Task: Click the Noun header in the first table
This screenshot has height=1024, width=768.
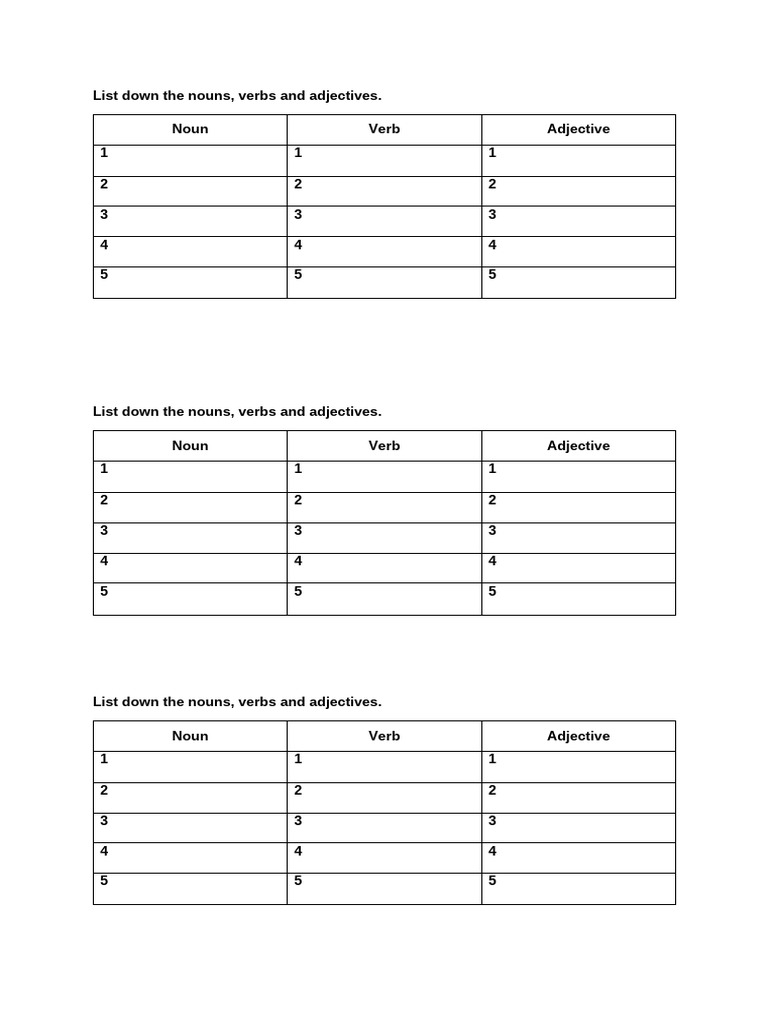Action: click(190, 129)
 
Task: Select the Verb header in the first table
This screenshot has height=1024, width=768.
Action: click(384, 129)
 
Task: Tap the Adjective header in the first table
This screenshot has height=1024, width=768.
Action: click(578, 129)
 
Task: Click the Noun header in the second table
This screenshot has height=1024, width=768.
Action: click(190, 446)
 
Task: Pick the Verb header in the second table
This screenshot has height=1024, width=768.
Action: click(384, 446)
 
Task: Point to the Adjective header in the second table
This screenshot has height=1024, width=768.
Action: click(578, 446)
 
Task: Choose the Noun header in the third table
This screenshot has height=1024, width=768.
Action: click(190, 736)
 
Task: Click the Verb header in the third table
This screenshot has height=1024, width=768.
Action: click(384, 736)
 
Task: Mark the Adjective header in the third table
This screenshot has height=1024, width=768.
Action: click(578, 736)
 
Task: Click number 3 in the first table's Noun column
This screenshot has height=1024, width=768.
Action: click(104, 215)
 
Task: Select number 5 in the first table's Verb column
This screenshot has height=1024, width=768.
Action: click(298, 275)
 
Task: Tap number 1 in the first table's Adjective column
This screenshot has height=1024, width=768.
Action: click(492, 153)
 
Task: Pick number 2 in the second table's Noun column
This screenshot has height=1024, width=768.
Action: click(104, 500)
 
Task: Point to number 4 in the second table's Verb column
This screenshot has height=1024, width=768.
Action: click(298, 561)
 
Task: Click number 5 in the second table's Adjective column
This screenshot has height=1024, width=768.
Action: click(492, 591)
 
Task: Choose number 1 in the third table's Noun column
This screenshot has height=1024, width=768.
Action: click(104, 759)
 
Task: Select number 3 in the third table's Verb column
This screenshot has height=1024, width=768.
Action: click(298, 821)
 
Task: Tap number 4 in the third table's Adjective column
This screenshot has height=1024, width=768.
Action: click(492, 852)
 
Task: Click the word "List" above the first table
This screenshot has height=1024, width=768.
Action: click(105, 96)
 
